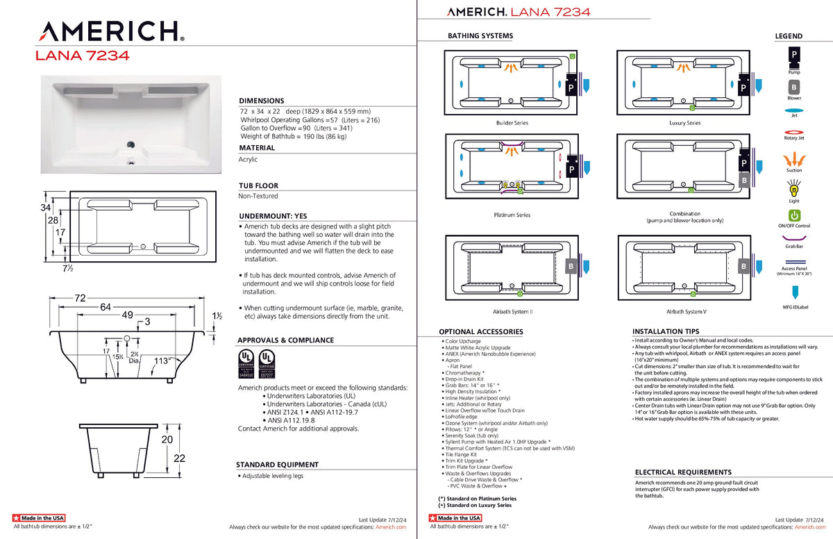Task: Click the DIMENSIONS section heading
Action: pyautogui.click(x=261, y=101)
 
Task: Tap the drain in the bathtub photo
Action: pyautogui.click(x=129, y=145)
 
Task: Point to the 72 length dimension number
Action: pyautogui.click(x=80, y=298)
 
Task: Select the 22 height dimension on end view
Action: pyautogui.click(x=180, y=458)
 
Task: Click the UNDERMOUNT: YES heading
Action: pyautogui.click(x=272, y=216)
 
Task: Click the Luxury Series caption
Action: pyautogui.click(x=684, y=123)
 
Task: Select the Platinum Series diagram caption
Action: pyautogui.click(x=512, y=215)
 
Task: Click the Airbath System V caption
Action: pyautogui.click(x=686, y=312)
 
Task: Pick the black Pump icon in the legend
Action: pyautogui.click(x=793, y=55)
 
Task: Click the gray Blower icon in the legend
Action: pyautogui.click(x=793, y=88)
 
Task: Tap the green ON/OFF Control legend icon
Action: pyautogui.click(x=794, y=215)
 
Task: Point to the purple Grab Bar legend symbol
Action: pyautogui.click(x=794, y=238)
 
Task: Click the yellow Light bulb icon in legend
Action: pyautogui.click(x=794, y=188)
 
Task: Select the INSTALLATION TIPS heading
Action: pyautogui.click(x=666, y=331)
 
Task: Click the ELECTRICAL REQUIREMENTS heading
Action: pyautogui.click(x=683, y=472)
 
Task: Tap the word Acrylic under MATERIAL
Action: pyautogui.click(x=248, y=159)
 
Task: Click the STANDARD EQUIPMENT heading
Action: pyautogui.click(x=277, y=465)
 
